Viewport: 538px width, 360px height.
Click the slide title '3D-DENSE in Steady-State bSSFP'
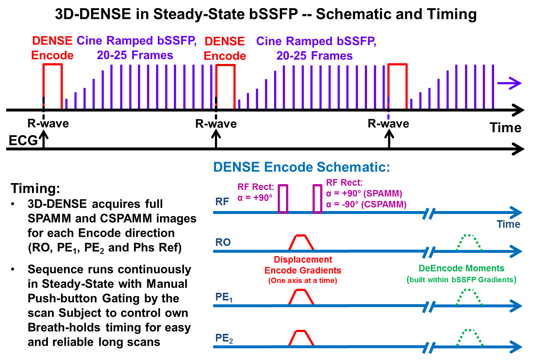pyautogui.click(x=265, y=15)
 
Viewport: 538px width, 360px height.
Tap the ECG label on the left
pyautogui.click(x=23, y=140)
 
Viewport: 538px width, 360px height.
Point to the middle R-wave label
pyautogui.click(x=216, y=124)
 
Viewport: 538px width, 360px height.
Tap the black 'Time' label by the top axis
pyautogui.click(x=505, y=128)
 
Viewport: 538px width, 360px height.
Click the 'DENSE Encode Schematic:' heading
pyautogui.click(x=301, y=167)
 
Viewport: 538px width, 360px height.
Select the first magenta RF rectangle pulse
pyautogui.click(x=283, y=199)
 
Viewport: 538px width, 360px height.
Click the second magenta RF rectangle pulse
pyautogui.click(x=317, y=199)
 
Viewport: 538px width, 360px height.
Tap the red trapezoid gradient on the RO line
pyautogui.click(x=301, y=242)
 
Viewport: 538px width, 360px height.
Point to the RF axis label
pyautogui.click(x=222, y=202)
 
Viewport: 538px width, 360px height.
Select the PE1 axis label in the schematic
pyautogui.click(x=224, y=298)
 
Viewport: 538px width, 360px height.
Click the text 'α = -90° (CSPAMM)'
pyautogui.click(x=366, y=205)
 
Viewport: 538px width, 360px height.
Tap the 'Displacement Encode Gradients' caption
pyautogui.click(x=303, y=265)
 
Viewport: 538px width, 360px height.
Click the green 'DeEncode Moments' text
pyautogui.click(x=461, y=268)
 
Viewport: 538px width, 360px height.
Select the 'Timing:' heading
pyautogui.click(x=35, y=189)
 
